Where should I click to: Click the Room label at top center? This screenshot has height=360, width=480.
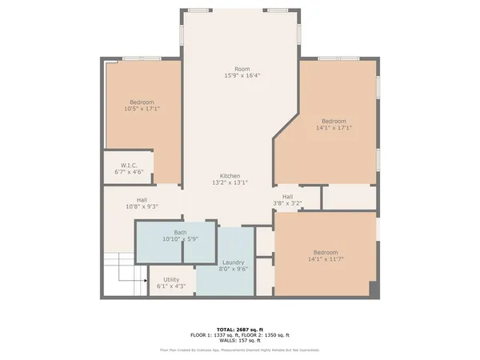pyautogui.click(x=242, y=69)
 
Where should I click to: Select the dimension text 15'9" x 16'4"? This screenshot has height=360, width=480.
pyautogui.click(x=242, y=76)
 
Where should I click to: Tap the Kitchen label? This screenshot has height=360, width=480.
pyautogui.click(x=230, y=176)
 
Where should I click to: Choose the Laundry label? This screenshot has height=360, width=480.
pyautogui.click(x=233, y=262)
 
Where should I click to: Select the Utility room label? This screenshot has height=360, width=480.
pyautogui.click(x=171, y=279)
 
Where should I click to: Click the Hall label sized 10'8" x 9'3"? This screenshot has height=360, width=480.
pyautogui.click(x=142, y=199)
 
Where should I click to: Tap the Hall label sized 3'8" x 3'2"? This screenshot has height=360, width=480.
pyautogui.click(x=287, y=197)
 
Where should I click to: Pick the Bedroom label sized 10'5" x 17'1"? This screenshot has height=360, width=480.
pyautogui.click(x=142, y=102)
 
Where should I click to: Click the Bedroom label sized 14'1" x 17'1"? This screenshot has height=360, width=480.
pyautogui.click(x=335, y=120)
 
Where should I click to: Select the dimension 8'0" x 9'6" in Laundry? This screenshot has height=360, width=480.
pyautogui.click(x=233, y=269)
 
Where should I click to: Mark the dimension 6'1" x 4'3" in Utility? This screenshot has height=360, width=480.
pyautogui.click(x=171, y=286)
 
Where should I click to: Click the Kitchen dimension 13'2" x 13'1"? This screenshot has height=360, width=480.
pyautogui.click(x=230, y=183)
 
